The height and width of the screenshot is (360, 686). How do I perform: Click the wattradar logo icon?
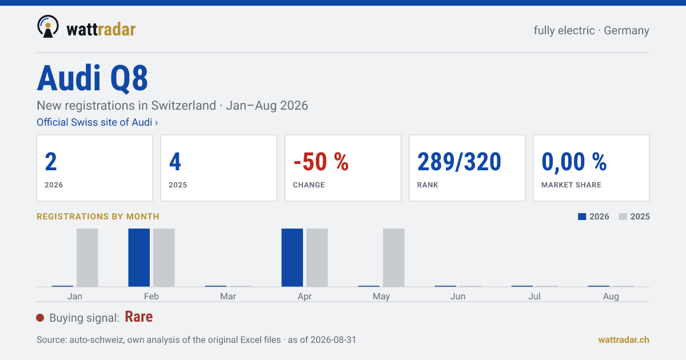[48, 27]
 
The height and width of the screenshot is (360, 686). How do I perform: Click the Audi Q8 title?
[93, 78]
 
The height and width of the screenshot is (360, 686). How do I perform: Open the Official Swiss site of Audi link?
[97, 122]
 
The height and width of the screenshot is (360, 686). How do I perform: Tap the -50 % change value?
[321, 162]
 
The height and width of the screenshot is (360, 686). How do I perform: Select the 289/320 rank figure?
[459, 162]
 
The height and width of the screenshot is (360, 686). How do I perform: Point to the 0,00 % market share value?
[574, 162]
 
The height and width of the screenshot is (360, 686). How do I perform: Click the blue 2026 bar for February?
[139, 258]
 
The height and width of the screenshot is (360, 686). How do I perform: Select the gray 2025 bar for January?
[87, 258]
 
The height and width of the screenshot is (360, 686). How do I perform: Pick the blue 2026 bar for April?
[292, 258]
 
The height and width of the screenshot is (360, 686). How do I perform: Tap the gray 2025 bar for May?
[393, 258]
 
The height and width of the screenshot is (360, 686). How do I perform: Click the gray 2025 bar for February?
[164, 258]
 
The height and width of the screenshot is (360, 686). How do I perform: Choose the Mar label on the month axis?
[228, 297]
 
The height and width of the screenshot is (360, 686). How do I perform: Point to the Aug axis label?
[611, 297]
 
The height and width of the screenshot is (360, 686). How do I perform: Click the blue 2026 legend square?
[582, 217]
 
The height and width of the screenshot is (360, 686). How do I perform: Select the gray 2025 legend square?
[623, 217]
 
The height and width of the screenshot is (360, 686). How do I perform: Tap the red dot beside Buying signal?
[40, 318]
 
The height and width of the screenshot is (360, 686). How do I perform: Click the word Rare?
[139, 317]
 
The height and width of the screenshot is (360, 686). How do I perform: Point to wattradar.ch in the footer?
[624, 340]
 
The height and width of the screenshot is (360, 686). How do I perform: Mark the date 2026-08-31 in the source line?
[333, 340]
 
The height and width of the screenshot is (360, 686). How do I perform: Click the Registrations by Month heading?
[98, 217]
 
